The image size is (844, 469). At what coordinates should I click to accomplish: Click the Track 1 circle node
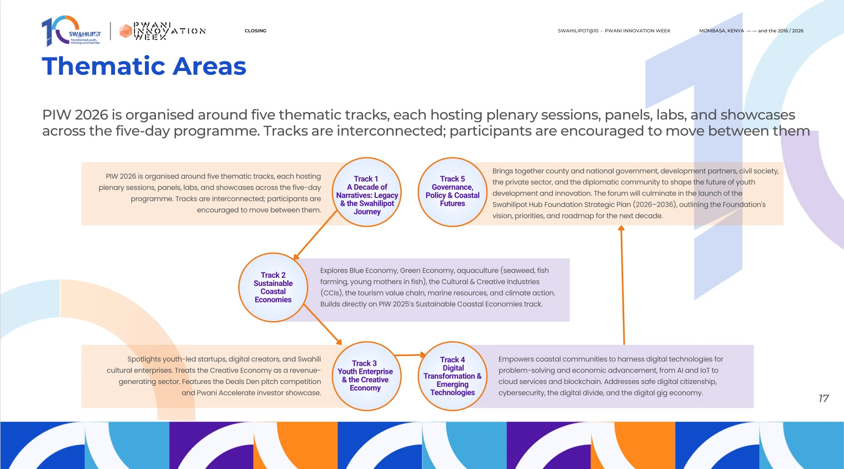coord(367,192)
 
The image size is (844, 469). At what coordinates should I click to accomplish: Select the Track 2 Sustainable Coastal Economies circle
coord(273,287)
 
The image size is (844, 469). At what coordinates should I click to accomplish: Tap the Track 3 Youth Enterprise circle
coord(367,376)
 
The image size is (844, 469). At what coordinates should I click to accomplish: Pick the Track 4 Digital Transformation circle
coord(453,376)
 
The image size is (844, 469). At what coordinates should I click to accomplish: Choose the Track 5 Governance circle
coord(453,192)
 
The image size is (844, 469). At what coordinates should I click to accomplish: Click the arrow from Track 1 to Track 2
coord(315,235)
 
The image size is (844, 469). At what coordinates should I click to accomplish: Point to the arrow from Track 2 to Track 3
coord(323,325)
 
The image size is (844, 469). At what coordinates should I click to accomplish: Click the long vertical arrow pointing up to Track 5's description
coord(623,285)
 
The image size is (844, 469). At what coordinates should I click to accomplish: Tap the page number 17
coord(824,398)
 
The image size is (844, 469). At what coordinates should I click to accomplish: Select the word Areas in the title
coord(210,66)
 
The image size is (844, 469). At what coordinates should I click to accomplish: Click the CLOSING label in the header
coord(256,31)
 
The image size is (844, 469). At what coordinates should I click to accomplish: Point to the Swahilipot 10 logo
coord(71,31)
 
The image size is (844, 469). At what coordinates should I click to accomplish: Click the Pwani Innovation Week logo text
coord(169,31)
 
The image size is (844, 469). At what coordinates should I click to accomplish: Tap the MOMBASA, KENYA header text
coord(721,31)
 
